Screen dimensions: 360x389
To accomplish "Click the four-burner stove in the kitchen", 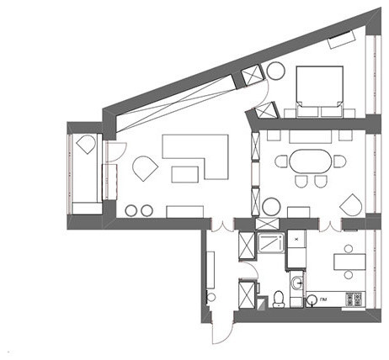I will coord(355,299).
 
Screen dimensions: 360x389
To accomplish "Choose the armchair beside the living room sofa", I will coord(145,167).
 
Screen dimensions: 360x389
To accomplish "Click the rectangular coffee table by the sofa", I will coord(184,175).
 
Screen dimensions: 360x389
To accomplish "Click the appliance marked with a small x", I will coord(296,240).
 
